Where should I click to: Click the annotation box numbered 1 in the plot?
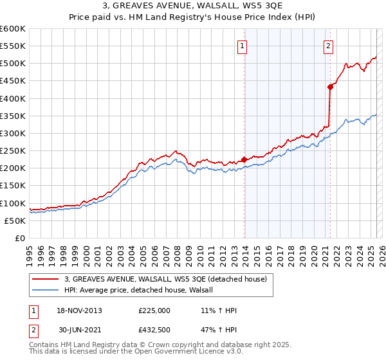click(x=242, y=45)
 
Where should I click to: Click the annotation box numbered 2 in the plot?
click(x=328, y=45)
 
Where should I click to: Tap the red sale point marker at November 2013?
click(x=244, y=160)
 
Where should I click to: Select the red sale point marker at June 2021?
click(x=331, y=87)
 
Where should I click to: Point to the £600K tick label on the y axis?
click(x=13, y=29)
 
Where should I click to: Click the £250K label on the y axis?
click(x=13, y=151)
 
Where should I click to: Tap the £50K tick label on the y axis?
click(x=15, y=221)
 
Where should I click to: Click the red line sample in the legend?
click(x=46, y=278)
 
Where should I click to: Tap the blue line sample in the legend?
click(x=46, y=290)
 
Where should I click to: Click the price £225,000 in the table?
click(x=154, y=310)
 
